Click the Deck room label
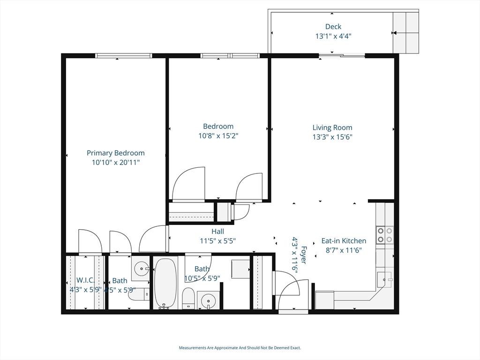(333, 27)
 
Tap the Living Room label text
(332, 127)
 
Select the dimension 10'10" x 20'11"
(116, 163)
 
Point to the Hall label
(217, 232)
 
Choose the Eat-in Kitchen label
(344, 241)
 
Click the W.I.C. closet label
(85, 280)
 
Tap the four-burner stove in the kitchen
(385, 235)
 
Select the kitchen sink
(384, 280)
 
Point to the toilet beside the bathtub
(188, 298)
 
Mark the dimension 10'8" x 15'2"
(218, 136)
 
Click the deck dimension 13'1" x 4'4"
(333, 36)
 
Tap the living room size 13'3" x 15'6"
(332, 137)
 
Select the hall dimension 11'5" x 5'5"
(217, 241)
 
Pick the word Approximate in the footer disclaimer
(222, 348)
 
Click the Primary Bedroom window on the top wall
(124, 56)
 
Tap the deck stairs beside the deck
(405, 32)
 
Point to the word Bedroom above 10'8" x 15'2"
(218, 127)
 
